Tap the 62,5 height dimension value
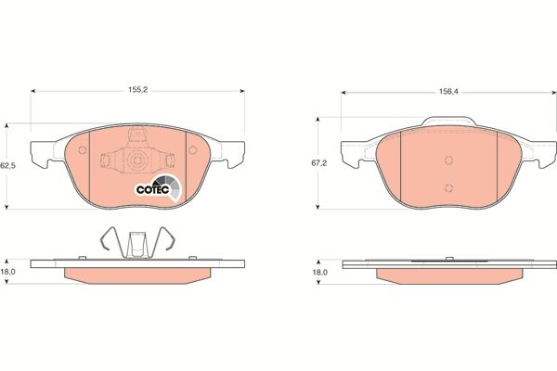pyautogui.click(x=8, y=165)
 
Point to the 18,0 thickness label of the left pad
pyautogui.click(x=9, y=274)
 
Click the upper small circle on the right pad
pyautogui.click(x=447, y=159)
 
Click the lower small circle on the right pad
pyautogui.click(x=447, y=188)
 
